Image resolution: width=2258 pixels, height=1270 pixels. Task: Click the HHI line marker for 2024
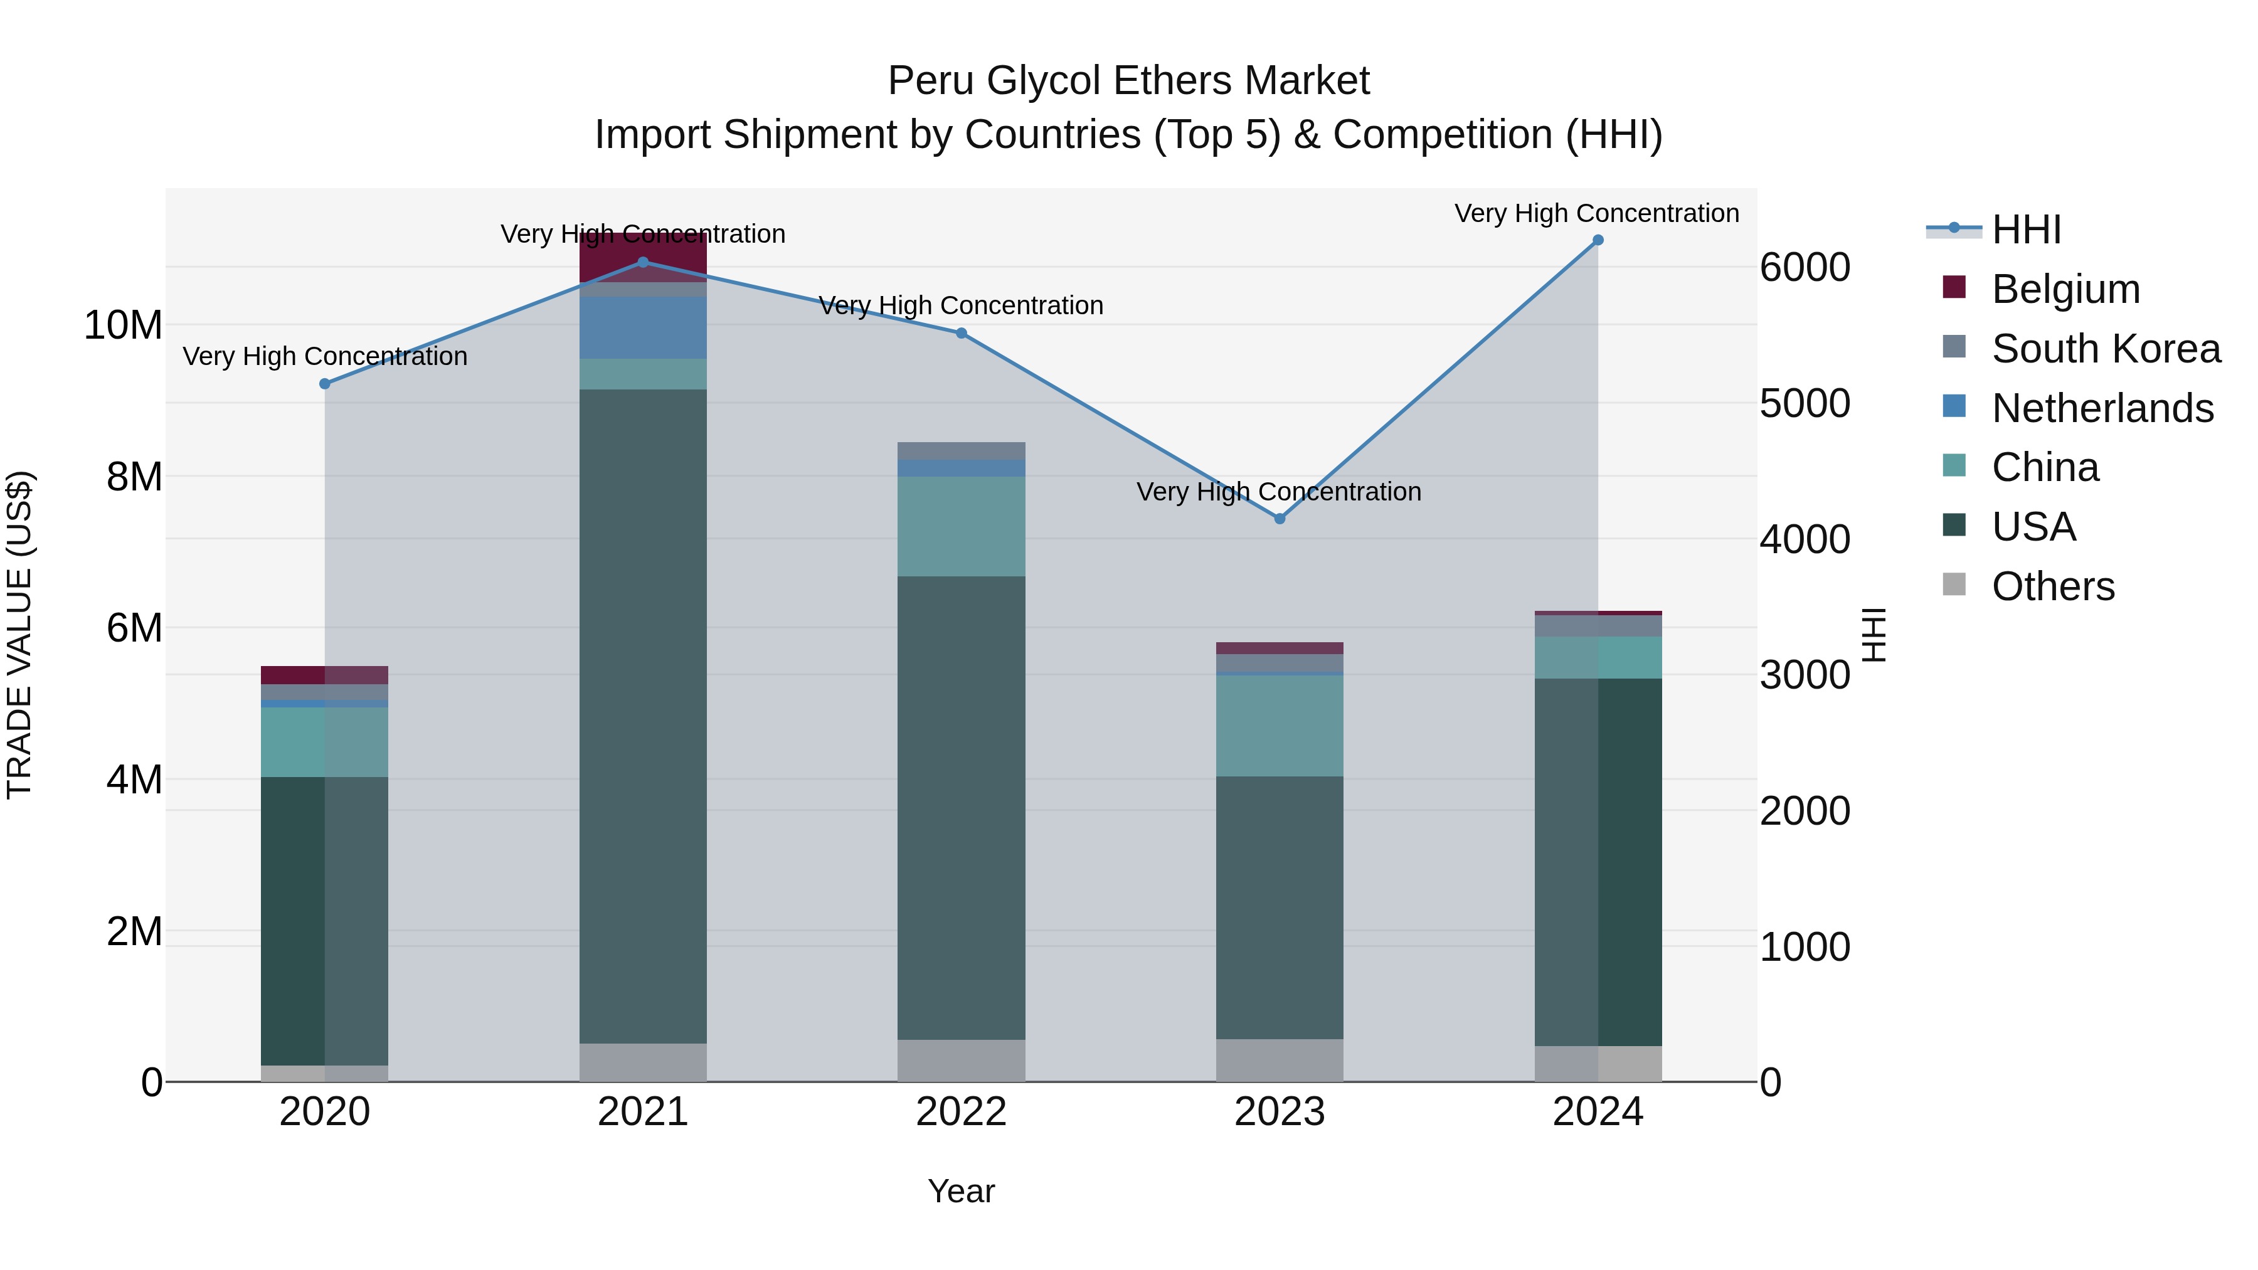1597,240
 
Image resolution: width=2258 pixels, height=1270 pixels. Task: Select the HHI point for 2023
1279,519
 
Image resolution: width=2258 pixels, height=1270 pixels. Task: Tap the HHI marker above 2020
324,384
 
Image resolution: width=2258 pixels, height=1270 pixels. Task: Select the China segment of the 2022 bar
961,526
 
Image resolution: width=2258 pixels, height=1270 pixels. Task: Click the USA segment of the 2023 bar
1279,907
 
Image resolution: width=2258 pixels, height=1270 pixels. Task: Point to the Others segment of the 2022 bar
961,1061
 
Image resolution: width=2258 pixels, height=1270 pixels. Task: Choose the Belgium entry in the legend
2065,289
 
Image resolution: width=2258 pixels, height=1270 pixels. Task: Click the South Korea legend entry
2106,349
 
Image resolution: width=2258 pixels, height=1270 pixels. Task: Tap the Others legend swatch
1954,585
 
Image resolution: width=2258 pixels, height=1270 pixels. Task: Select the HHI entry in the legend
2025,230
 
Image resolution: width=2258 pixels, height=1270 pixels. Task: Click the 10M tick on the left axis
123,325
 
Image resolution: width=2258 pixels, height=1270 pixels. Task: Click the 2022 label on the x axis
961,1112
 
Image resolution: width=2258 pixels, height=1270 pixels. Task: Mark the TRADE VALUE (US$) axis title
19,635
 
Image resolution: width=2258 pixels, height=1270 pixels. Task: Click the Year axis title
961,1191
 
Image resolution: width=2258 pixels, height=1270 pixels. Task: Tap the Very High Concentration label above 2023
1279,492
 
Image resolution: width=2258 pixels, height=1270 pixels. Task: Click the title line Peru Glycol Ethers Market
1128,81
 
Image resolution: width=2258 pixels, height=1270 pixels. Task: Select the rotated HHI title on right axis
1872,635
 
